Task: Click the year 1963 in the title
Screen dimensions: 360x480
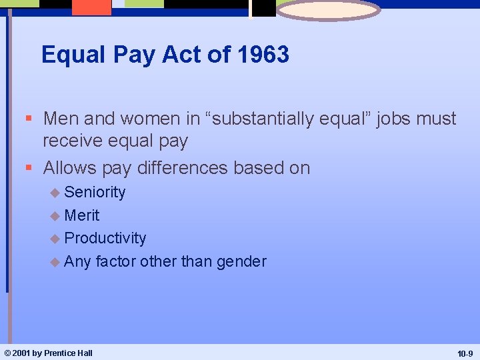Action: (x=263, y=55)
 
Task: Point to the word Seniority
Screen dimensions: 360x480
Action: (x=95, y=193)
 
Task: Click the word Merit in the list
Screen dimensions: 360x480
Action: (x=82, y=215)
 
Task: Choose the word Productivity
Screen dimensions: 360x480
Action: (x=105, y=238)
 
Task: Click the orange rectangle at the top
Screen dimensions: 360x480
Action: (x=92, y=7)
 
